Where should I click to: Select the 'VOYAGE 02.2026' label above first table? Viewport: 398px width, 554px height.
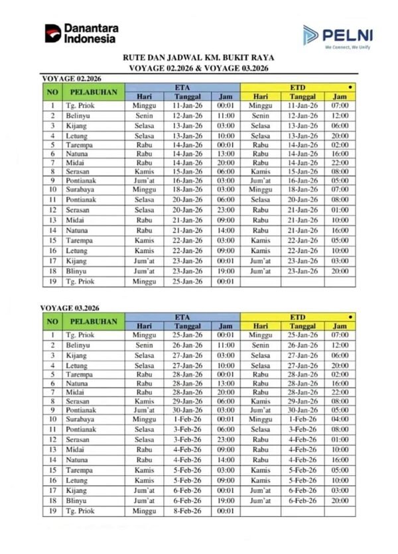tap(66, 78)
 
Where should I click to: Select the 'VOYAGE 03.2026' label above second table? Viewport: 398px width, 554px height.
tap(66, 308)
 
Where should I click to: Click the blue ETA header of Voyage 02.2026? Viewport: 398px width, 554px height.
tap(182, 87)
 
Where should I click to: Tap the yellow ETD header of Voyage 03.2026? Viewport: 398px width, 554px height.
tap(298, 317)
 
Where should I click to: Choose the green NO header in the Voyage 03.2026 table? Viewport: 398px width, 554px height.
tap(52, 322)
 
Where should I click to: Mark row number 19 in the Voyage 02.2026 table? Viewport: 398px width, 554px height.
tap(52, 282)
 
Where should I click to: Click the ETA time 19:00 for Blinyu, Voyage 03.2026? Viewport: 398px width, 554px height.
tap(226, 502)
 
